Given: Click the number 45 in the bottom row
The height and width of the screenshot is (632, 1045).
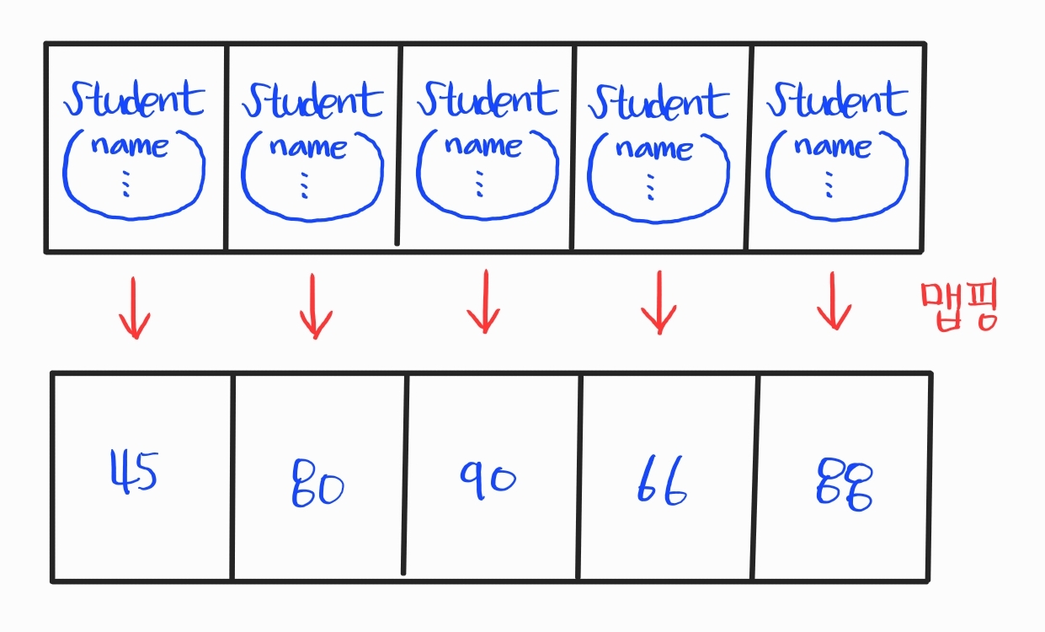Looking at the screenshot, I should [135, 473].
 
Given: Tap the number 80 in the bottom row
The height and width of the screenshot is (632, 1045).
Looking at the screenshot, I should [317, 484].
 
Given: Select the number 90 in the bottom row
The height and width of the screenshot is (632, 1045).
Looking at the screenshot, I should [488, 478].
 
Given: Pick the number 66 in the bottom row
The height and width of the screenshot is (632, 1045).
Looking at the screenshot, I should [661, 483].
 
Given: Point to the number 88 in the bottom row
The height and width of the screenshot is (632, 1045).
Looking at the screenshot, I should [844, 484].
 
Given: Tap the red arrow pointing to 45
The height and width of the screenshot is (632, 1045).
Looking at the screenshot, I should [135, 307].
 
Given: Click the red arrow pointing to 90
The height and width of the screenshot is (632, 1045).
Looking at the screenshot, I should [483, 302].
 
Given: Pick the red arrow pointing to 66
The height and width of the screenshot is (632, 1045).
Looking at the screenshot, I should [658, 303].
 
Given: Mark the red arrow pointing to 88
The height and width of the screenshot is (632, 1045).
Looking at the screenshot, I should [834, 302].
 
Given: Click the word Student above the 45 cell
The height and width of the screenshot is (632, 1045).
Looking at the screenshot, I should [135, 99].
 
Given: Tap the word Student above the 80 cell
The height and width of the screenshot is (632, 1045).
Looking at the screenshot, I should [312, 100].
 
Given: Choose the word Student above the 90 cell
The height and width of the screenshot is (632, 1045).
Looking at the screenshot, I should [488, 99].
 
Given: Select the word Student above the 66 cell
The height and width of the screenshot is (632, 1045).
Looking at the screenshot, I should [658, 101].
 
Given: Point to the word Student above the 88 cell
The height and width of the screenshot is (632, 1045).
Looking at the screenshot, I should [836, 99].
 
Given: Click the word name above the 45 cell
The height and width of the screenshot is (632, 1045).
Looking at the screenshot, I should [130, 146].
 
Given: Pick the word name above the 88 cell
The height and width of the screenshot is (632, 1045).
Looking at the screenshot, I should [832, 147].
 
